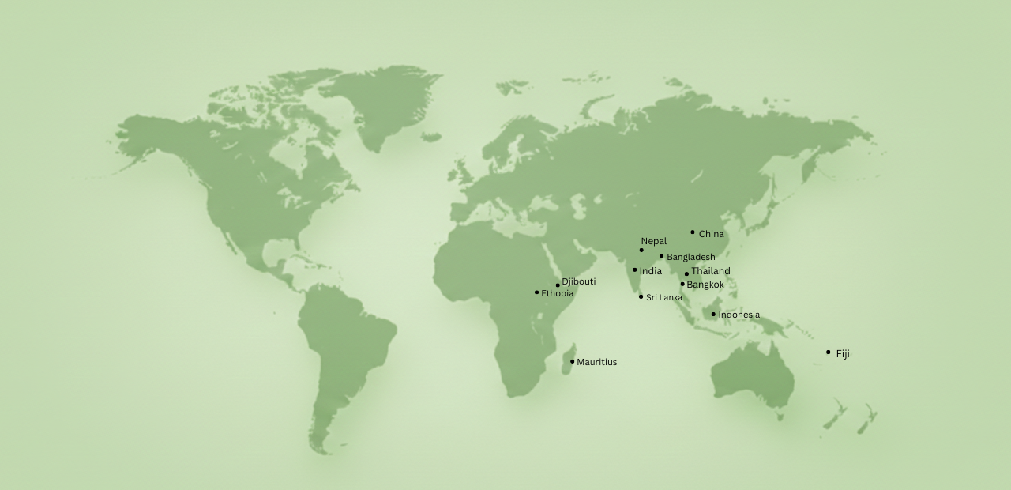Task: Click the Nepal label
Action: click(653, 241)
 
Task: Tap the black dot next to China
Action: click(693, 232)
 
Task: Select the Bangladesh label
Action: click(690, 257)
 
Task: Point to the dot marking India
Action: click(634, 269)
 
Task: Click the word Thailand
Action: click(710, 271)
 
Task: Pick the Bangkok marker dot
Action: click(682, 284)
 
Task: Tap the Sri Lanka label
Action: click(663, 298)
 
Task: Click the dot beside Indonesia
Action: click(713, 314)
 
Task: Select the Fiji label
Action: click(843, 354)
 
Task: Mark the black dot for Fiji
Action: click(828, 352)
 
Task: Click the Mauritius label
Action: click(596, 362)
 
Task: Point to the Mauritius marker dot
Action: click(572, 361)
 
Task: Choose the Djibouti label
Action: click(578, 281)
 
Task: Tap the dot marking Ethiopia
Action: click(536, 292)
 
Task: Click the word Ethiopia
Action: click(557, 294)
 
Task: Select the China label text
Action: click(711, 234)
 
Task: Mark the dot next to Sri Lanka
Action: click(641, 296)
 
